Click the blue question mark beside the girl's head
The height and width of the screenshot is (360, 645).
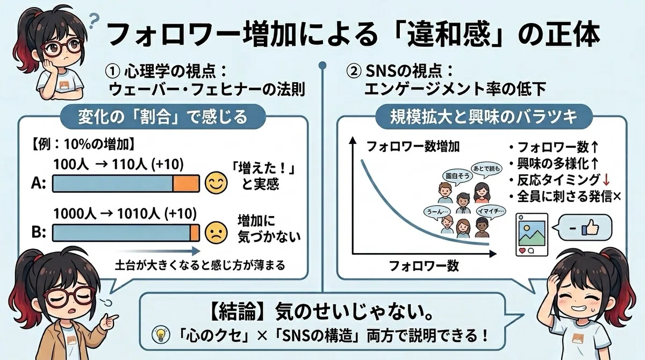pos(94,20)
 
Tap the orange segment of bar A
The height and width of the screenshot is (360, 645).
pos(186,183)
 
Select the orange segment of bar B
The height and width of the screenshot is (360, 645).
pos(195,233)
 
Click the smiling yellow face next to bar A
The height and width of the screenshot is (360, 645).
pos(216,183)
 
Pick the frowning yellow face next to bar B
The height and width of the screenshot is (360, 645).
pos(216,233)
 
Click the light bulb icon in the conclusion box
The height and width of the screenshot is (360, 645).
pos(161,334)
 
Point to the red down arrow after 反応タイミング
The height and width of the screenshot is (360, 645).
pos(606,180)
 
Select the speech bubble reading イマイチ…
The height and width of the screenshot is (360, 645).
pos(491,211)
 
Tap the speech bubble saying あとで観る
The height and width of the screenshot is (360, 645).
pos(486,169)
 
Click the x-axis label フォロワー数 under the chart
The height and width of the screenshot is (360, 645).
pos(424,266)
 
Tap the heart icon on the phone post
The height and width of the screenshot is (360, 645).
pos(522,250)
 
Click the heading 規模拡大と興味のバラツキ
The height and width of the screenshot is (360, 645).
pos(483,117)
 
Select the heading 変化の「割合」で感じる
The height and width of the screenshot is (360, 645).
pos(163,117)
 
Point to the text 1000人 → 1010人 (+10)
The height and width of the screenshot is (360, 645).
pos(125,214)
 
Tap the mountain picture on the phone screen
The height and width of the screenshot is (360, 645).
pos(532,233)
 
